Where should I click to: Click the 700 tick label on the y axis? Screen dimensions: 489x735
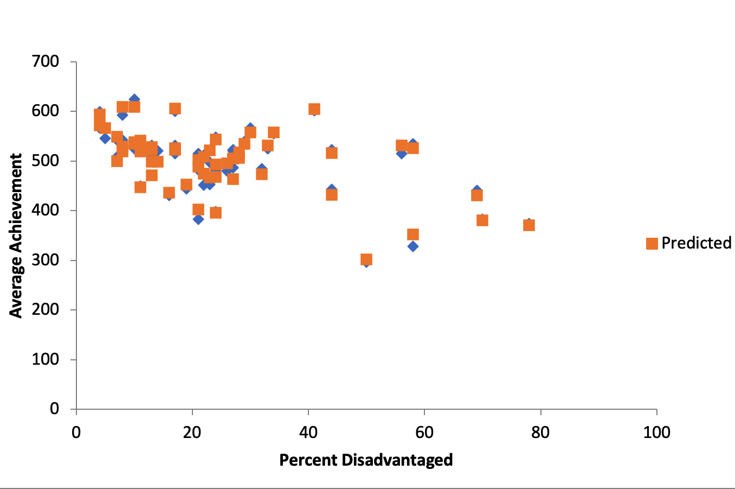pyautogui.click(x=46, y=61)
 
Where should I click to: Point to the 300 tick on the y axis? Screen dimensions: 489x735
pyautogui.click(x=46, y=260)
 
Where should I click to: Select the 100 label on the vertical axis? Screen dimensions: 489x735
pyautogui.click(x=46, y=359)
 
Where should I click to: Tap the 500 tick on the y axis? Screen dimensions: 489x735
pyautogui.click(x=46, y=161)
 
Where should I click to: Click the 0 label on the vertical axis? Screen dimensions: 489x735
pyautogui.click(x=54, y=409)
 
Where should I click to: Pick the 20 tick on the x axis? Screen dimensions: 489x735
pyautogui.click(x=192, y=433)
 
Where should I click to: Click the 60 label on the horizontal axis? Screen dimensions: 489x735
pyautogui.click(x=424, y=433)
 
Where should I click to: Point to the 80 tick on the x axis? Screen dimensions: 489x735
pyautogui.click(x=540, y=433)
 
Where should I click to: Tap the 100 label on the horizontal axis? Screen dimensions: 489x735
pyautogui.click(x=656, y=433)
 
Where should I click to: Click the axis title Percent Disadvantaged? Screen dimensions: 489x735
pyautogui.click(x=366, y=460)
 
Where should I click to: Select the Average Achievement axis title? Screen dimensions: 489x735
pyautogui.click(x=16, y=236)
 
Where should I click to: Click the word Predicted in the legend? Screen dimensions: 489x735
pyautogui.click(x=696, y=243)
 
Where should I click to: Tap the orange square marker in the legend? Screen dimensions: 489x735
pyautogui.click(x=652, y=243)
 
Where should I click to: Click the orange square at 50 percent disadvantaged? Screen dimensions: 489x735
pyautogui.click(x=366, y=259)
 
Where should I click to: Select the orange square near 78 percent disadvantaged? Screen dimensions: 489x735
pyautogui.click(x=529, y=225)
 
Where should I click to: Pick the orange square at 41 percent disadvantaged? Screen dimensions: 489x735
pyautogui.click(x=314, y=110)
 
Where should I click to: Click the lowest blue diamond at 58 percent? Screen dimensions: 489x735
pyautogui.click(x=413, y=246)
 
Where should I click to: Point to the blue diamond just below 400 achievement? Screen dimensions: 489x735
pyautogui.click(x=198, y=219)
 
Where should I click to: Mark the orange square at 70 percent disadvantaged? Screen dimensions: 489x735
pyautogui.click(x=482, y=220)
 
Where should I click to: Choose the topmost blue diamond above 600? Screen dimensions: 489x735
pyautogui.click(x=134, y=99)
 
